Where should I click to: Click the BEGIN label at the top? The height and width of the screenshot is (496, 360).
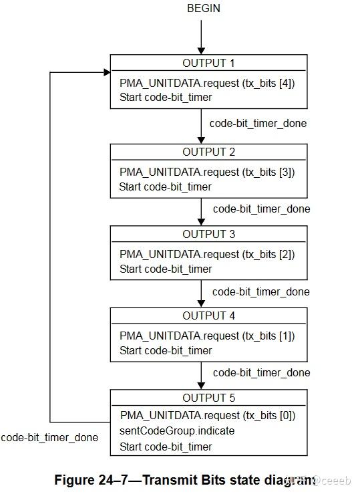pyautogui.click(x=204, y=9)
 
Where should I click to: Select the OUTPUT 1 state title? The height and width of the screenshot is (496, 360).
pyautogui.click(x=208, y=63)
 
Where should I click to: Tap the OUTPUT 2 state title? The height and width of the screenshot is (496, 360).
pyautogui.click(x=208, y=152)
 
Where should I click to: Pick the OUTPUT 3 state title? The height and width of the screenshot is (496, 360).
pyautogui.click(x=208, y=234)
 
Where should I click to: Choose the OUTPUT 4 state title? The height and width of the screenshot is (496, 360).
pyautogui.click(x=208, y=316)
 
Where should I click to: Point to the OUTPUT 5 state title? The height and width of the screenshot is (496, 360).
pyautogui.click(x=208, y=398)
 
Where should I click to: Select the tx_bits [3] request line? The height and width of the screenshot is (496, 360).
pyautogui.click(x=207, y=172)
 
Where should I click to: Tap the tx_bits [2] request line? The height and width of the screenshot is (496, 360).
pyautogui.click(x=207, y=254)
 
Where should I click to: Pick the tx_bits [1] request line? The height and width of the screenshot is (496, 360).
pyautogui.click(x=207, y=336)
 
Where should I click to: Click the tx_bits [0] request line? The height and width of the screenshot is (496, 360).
pyautogui.click(x=207, y=416)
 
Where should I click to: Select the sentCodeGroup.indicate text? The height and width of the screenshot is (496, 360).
pyautogui.click(x=177, y=431)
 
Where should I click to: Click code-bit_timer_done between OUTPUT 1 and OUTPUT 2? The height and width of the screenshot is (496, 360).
pyautogui.click(x=258, y=124)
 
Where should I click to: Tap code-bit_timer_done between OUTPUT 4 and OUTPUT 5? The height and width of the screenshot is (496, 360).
pyautogui.click(x=261, y=372)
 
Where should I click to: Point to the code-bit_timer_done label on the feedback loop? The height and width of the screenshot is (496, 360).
pyautogui.click(x=49, y=438)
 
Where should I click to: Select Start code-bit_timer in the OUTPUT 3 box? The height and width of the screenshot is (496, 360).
pyautogui.click(x=165, y=269)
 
